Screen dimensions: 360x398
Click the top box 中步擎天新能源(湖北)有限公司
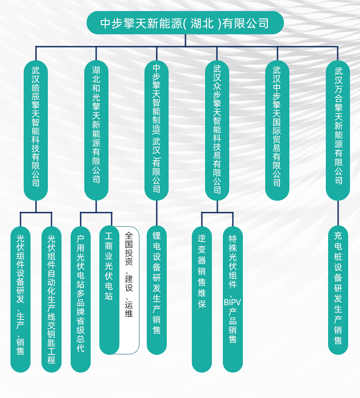(x=185, y=23)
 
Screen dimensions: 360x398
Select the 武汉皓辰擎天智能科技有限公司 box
(x=36, y=130)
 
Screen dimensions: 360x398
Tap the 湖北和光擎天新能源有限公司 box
(x=96, y=130)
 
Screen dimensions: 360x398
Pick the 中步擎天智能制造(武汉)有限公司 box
(x=157, y=130)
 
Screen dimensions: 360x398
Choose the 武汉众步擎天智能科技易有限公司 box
(x=217, y=130)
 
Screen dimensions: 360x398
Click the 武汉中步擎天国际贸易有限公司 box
(x=278, y=130)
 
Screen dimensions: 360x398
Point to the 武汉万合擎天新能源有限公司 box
(x=338, y=130)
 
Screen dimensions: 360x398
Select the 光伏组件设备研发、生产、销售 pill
(x=21, y=299)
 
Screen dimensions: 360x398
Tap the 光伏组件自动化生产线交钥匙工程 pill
(x=51, y=299)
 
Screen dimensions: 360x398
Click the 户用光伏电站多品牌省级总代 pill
(x=81, y=299)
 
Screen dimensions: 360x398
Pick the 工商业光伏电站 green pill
(x=109, y=290)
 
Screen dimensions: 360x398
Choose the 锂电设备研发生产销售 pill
(x=157, y=290)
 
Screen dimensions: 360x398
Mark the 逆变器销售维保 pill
(x=202, y=299)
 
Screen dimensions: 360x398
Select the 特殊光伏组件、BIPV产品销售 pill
(x=233, y=299)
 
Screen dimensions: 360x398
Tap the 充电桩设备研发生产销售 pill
(x=338, y=290)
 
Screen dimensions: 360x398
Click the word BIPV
(x=232, y=302)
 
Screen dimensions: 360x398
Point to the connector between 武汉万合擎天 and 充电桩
(x=338, y=213)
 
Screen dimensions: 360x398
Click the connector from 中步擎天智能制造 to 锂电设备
(x=157, y=213)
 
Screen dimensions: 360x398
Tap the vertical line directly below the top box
(x=185, y=41)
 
